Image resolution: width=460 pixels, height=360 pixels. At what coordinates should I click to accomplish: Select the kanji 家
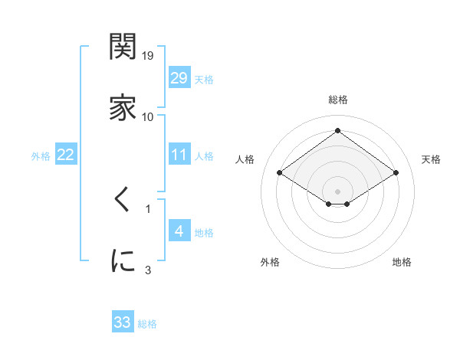[x=123, y=108]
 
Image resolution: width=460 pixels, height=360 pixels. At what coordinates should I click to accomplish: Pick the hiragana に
[x=123, y=260]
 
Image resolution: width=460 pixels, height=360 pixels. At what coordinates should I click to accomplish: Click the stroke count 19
[x=148, y=56]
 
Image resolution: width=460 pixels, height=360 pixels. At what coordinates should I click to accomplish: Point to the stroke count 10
[x=148, y=116]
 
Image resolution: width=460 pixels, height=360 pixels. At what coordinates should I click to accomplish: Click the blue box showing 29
[x=179, y=77]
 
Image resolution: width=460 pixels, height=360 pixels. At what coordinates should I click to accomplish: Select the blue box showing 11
[x=179, y=155]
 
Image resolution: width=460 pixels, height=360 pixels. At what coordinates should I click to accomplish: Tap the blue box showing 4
[x=179, y=231]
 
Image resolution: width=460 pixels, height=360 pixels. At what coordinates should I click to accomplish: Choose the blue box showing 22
[x=66, y=155]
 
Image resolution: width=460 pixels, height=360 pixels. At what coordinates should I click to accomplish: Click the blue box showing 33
[x=123, y=322]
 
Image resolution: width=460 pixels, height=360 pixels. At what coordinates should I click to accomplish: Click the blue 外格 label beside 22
[x=41, y=155]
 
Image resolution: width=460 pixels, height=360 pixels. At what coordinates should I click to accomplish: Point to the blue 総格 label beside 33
[x=147, y=323]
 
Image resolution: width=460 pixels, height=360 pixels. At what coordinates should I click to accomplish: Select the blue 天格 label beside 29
[x=204, y=78]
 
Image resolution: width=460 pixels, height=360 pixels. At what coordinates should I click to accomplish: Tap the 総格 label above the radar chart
[x=338, y=100]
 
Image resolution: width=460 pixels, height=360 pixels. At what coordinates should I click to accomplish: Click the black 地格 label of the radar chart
[x=402, y=263]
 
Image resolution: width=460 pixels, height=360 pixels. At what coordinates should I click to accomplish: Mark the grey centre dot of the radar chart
[x=338, y=191]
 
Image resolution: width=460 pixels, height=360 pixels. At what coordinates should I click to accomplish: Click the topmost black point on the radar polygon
[x=338, y=130]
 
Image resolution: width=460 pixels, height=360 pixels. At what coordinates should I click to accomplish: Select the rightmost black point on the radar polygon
[x=396, y=173]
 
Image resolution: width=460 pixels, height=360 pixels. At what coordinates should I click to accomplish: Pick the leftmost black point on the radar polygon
[x=280, y=173]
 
